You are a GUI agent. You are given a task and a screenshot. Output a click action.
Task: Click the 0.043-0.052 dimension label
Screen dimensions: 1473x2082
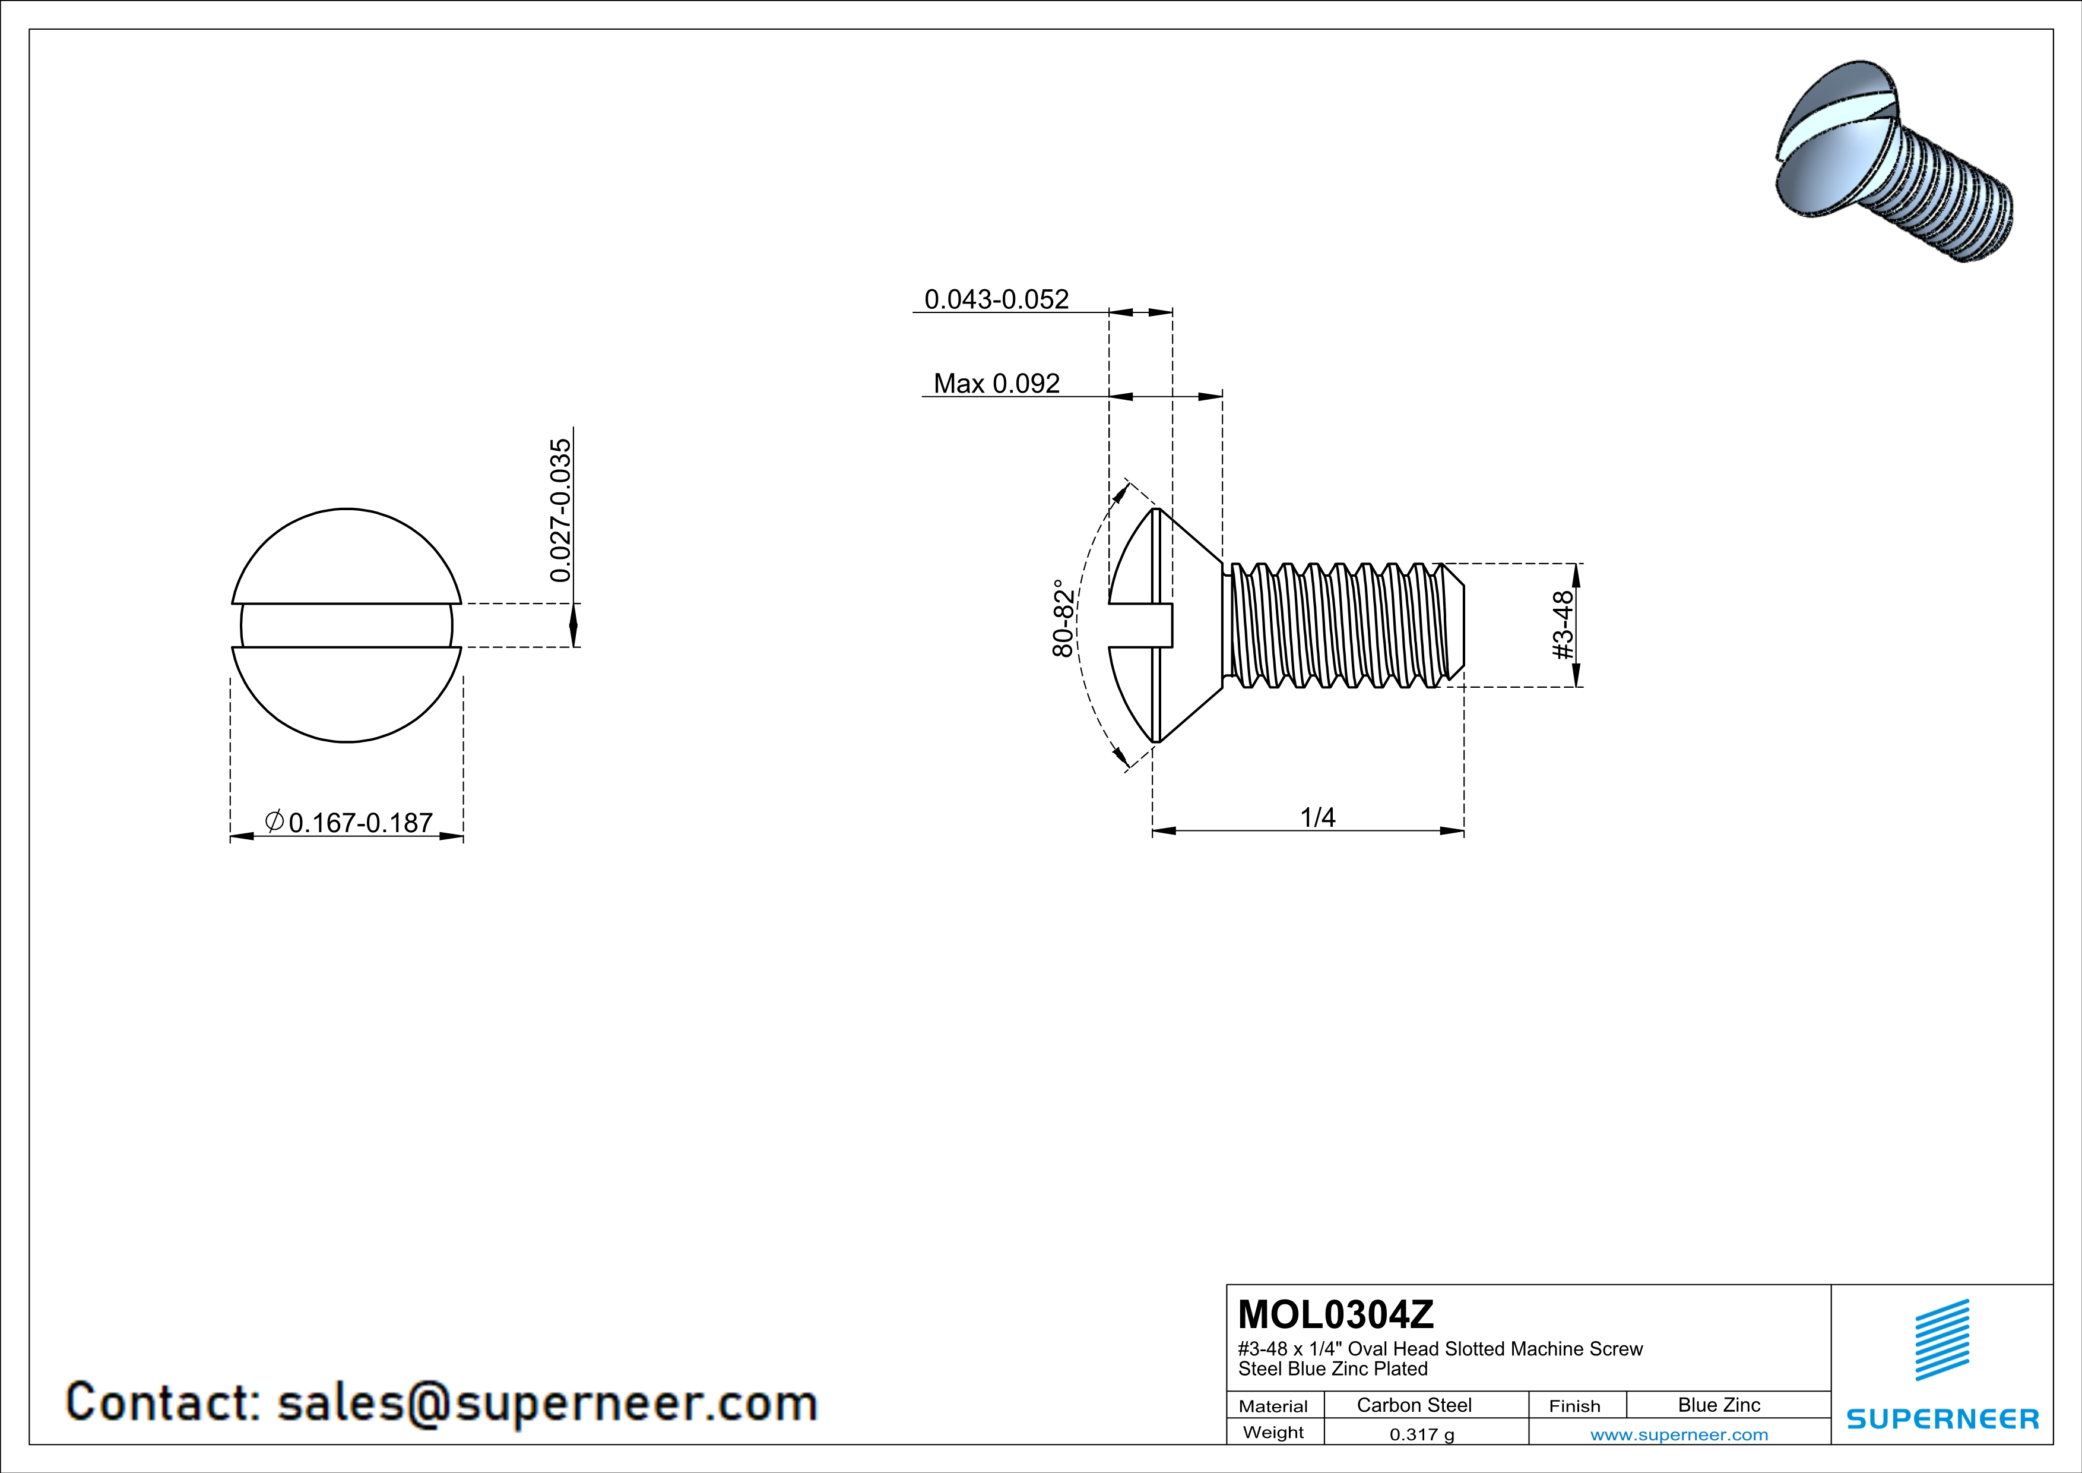996,299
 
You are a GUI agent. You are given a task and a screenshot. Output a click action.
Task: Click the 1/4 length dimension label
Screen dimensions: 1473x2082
1317,817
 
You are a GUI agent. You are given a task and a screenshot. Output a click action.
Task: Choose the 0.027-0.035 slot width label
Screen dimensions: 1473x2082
561,511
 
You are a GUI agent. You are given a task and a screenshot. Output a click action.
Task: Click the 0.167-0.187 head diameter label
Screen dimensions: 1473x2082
360,823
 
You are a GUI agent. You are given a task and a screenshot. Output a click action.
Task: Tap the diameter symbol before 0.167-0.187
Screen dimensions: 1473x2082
274,821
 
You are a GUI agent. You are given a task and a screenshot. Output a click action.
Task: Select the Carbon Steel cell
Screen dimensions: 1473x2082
1414,1405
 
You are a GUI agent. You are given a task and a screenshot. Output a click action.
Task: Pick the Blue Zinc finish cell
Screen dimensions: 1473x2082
1718,1405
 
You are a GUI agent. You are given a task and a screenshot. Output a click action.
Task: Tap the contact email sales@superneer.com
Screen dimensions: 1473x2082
547,1402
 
